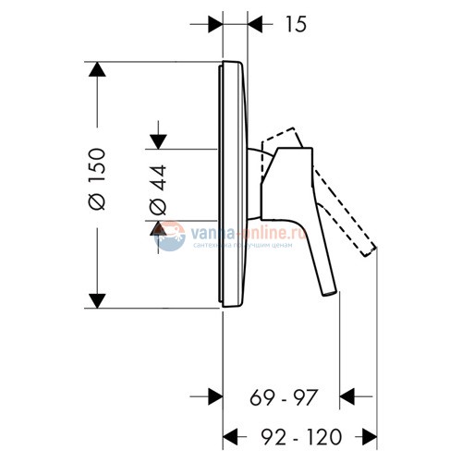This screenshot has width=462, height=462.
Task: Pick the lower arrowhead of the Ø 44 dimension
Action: click(159, 227)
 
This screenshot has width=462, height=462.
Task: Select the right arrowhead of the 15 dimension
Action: click(254, 19)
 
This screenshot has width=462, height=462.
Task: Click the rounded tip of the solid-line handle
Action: click(328, 293)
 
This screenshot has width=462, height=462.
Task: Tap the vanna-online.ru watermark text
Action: click(239, 235)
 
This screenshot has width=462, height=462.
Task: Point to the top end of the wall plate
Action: click(231, 64)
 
